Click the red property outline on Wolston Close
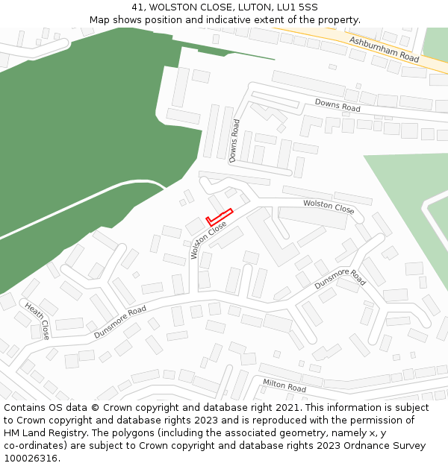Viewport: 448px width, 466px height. coord(220,217)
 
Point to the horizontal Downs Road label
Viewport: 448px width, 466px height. coord(337,105)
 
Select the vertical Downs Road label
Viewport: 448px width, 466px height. coord(234,141)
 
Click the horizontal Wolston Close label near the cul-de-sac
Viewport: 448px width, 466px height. coord(328,207)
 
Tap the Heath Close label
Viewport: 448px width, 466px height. coord(37,320)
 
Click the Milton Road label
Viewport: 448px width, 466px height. coord(284,385)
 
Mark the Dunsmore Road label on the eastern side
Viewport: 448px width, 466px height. coord(340,279)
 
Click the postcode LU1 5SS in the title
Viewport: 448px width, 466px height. coord(296,7)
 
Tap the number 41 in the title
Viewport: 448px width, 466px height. coord(138,7)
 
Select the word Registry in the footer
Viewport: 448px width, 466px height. coord(64,433)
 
